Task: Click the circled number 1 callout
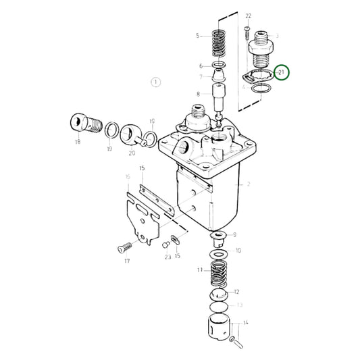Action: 155,82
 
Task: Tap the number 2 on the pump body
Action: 249,183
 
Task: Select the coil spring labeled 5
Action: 217,43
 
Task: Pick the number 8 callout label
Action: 199,94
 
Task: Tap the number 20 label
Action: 132,152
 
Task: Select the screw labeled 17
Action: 124,247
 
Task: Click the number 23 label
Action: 166,256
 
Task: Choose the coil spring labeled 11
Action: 219,273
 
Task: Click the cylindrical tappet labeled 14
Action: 221,331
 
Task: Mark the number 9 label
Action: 234,236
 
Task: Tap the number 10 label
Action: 237,250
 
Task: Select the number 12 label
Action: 236,292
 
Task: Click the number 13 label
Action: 240,305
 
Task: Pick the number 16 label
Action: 127,177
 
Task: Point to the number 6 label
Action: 200,66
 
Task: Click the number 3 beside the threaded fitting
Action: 276,36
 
